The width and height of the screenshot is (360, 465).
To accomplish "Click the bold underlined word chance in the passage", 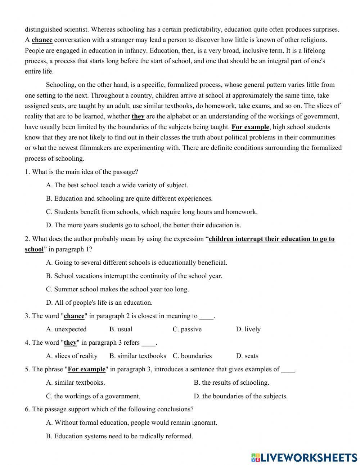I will click(42, 40).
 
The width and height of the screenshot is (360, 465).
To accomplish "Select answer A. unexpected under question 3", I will click(67, 329).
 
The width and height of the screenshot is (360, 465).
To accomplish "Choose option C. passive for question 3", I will click(187, 329).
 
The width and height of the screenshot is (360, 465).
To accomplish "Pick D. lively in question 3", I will click(248, 329).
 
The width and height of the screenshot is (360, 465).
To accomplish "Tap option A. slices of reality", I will click(72, 356).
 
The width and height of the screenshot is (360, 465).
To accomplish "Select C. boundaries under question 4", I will click(192, 356).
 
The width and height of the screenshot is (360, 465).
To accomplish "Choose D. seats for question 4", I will click(247, 356).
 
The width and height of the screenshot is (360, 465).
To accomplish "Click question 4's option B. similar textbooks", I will click(138, 356).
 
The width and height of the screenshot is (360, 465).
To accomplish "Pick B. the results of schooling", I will click(231, 383).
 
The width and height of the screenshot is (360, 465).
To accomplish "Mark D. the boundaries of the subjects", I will click(240, 396).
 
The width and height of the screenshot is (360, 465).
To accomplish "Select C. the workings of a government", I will click(93, 396).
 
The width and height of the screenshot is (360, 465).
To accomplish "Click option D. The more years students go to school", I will click(144, 225).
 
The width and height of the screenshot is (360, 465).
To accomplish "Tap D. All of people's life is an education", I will click(99, 303).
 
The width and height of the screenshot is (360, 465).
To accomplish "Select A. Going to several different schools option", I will click(137, 263).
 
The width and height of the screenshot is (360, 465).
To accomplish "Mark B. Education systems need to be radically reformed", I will click(120, 436).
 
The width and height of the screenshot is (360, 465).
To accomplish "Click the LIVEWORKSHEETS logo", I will click(304, 457).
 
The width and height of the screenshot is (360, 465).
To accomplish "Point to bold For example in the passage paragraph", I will click(250, 127).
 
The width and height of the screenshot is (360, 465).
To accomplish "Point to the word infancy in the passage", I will click(125, 50).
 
